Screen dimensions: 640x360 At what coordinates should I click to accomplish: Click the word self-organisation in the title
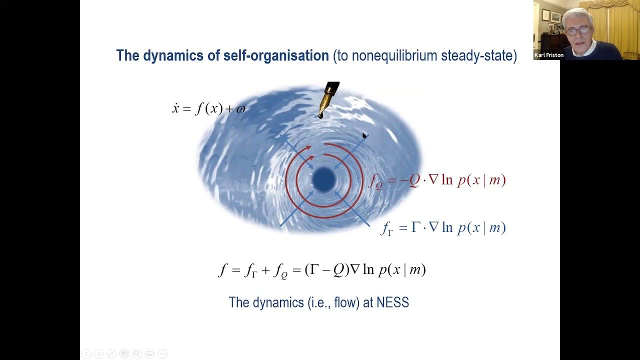click(x=276, y=55)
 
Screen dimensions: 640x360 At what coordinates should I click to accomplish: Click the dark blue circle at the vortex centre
click(x=323, y=179)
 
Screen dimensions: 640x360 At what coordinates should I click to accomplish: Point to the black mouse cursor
click(x=364, y=135)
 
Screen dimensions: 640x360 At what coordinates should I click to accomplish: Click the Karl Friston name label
click(x=549, y=55)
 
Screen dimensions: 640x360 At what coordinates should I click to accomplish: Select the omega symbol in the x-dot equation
click(x=241, y=109)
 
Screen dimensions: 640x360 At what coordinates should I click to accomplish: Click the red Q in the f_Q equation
click(x=414, y=180)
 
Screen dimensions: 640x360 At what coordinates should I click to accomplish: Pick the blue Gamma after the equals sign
click(x=415, y=227)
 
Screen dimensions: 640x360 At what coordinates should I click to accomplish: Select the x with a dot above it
click(x=175, y=108)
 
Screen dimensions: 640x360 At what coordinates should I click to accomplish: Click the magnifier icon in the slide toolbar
click(x=137, y=353)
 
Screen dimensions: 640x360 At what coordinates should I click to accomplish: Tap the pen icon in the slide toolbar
click(x=111, y=353)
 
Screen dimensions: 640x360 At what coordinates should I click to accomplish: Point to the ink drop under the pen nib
click(x=321, y=115)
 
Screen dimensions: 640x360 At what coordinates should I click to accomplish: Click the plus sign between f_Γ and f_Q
click(x=265, y=270)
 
